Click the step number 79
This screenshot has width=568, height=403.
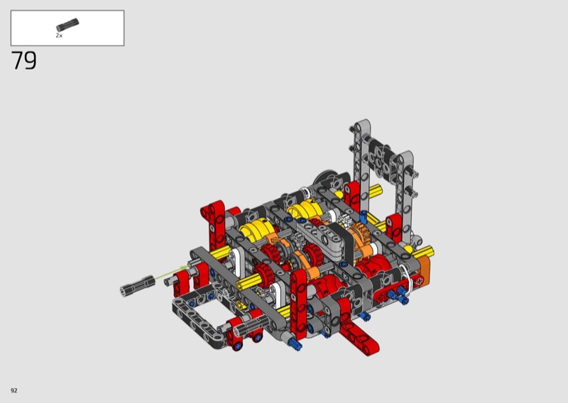click(x=24, y=60)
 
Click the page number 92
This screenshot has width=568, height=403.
click(x=14, y=390)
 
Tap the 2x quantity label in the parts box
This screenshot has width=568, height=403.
click(x=59, y=35)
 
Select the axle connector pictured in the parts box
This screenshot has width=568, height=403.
click(x=67, y=25)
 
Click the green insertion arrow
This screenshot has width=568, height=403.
click(x=172, y=272)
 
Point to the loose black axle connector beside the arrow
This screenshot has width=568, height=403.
click(x=138, y=285)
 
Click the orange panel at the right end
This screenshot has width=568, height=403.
click(x=424, y=268)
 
